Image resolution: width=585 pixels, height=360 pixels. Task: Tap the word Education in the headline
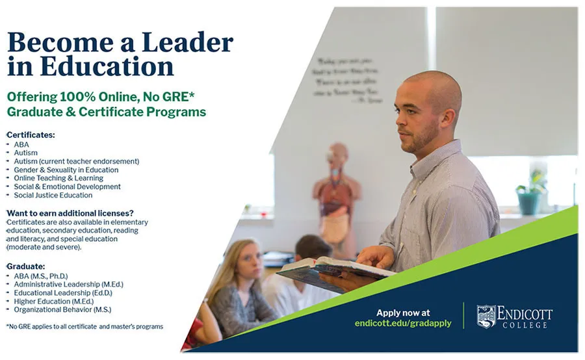[107, 66]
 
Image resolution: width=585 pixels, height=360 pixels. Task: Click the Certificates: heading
[31, 135]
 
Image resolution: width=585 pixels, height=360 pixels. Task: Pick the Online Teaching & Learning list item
[58, 178]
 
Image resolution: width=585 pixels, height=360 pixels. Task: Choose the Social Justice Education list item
[53, 195]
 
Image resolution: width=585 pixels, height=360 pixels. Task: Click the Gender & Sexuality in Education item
[66, 170]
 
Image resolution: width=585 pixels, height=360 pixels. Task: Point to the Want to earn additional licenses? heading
[70, 213]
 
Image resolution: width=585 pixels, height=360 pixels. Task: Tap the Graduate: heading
[25, 266]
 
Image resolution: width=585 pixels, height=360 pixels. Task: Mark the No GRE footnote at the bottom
[84, 326]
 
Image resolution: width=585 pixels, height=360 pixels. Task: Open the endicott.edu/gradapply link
[403, 323]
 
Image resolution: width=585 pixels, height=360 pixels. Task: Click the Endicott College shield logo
[486, 316]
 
